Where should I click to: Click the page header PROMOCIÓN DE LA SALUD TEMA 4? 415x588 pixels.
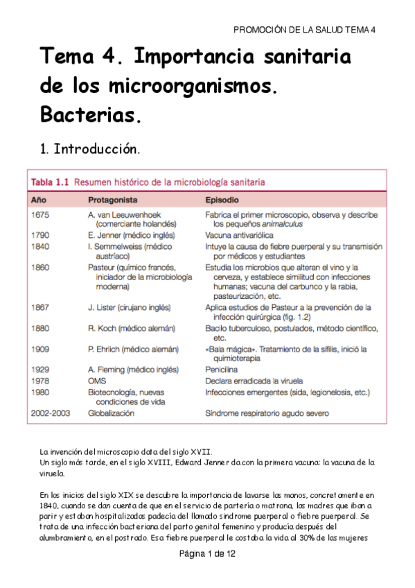click(304, 30)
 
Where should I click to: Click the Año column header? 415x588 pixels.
click(39, 200)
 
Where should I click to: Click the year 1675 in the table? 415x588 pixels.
click(40, 215)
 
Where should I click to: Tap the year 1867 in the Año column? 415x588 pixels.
click(40, 307)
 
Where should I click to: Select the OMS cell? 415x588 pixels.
click(96, 381)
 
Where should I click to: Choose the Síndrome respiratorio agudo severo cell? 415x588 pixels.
click(267, 413)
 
